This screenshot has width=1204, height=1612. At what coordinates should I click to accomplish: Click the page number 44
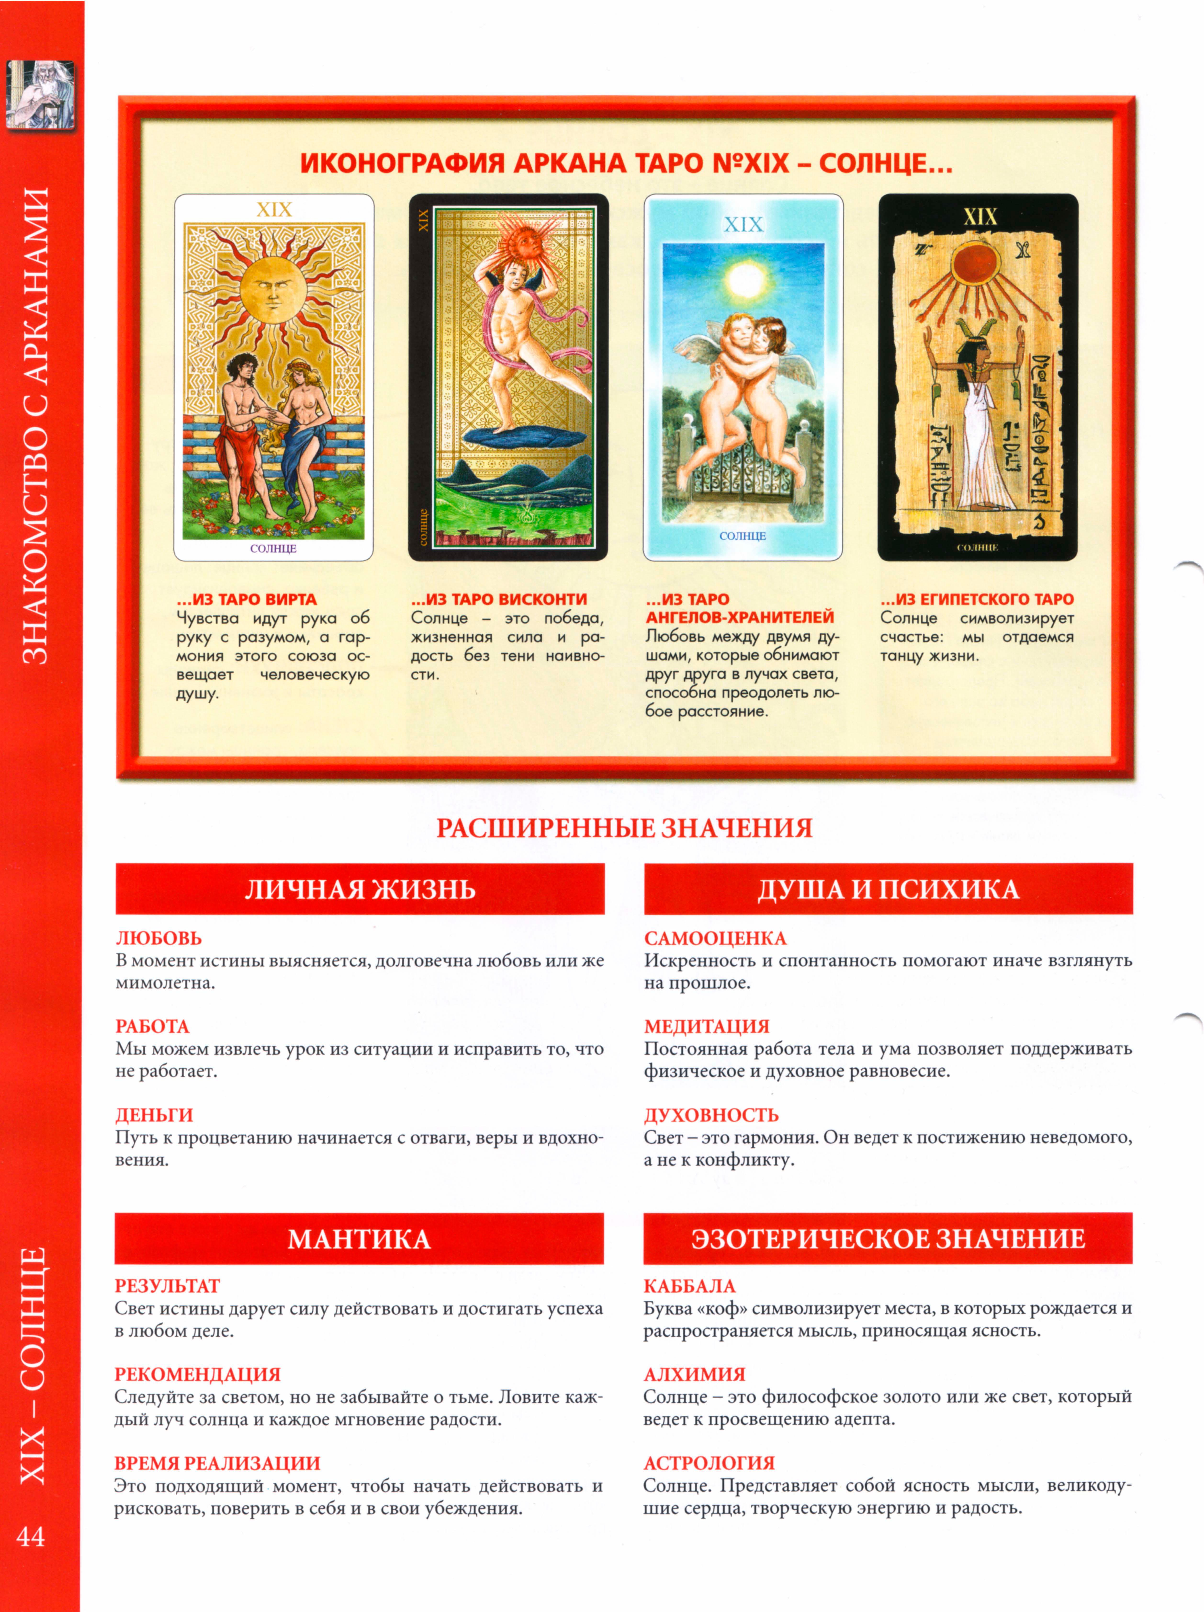[x=31, y=1537]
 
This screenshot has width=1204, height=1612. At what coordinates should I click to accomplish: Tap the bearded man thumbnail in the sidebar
[x=41, y=95]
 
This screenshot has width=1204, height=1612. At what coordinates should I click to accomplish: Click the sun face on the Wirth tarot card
[x=272, y=290]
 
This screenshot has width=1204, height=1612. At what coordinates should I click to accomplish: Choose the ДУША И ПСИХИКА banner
[x=888, y=889]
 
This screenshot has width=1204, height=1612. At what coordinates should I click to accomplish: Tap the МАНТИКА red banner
[x=359, y=1239]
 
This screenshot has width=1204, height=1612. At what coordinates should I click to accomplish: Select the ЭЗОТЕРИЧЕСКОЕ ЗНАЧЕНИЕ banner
[x=888, y=1239]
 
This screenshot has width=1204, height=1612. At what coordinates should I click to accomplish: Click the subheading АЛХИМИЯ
[x=694, y=1374]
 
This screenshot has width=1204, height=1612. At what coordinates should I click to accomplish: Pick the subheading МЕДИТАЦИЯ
[x=707, y=1026]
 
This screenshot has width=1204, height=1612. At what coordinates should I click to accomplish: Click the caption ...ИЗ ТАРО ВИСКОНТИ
[x=499, y=599]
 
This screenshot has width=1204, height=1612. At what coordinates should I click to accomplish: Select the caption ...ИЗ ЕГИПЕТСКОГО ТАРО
[x=977, y=599]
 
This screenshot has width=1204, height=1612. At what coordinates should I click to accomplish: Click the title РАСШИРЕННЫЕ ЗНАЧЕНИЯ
[x=624, y=829]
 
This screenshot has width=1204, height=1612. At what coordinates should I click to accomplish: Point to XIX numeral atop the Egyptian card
[x=980, y=217]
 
